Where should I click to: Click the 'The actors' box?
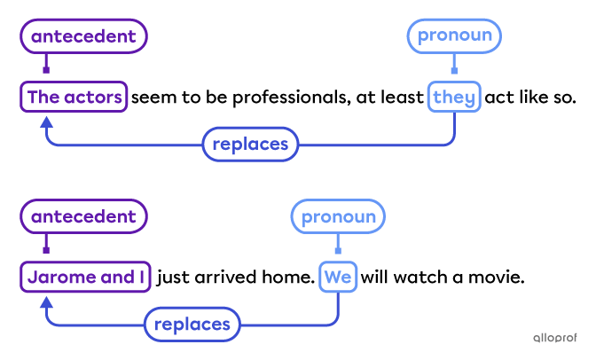[74, 98]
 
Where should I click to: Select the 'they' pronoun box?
[454, 98]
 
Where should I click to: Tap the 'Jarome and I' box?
[85, 278]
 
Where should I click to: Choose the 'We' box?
[338, 278]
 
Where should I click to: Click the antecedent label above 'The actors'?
[83, 37]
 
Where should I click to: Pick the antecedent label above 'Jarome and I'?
[83, 216]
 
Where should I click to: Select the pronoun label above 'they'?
[454, 37]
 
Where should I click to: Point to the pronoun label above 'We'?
[338, 216]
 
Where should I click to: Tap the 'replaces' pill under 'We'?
[192, 325]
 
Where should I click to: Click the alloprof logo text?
[554, 338]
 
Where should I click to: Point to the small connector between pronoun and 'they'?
[454, 67]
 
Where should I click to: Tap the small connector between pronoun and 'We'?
[338, 247]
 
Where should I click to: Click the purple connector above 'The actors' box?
[46, 67]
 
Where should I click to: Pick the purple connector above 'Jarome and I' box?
[46, 247]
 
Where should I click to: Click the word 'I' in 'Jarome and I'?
[141, 278]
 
